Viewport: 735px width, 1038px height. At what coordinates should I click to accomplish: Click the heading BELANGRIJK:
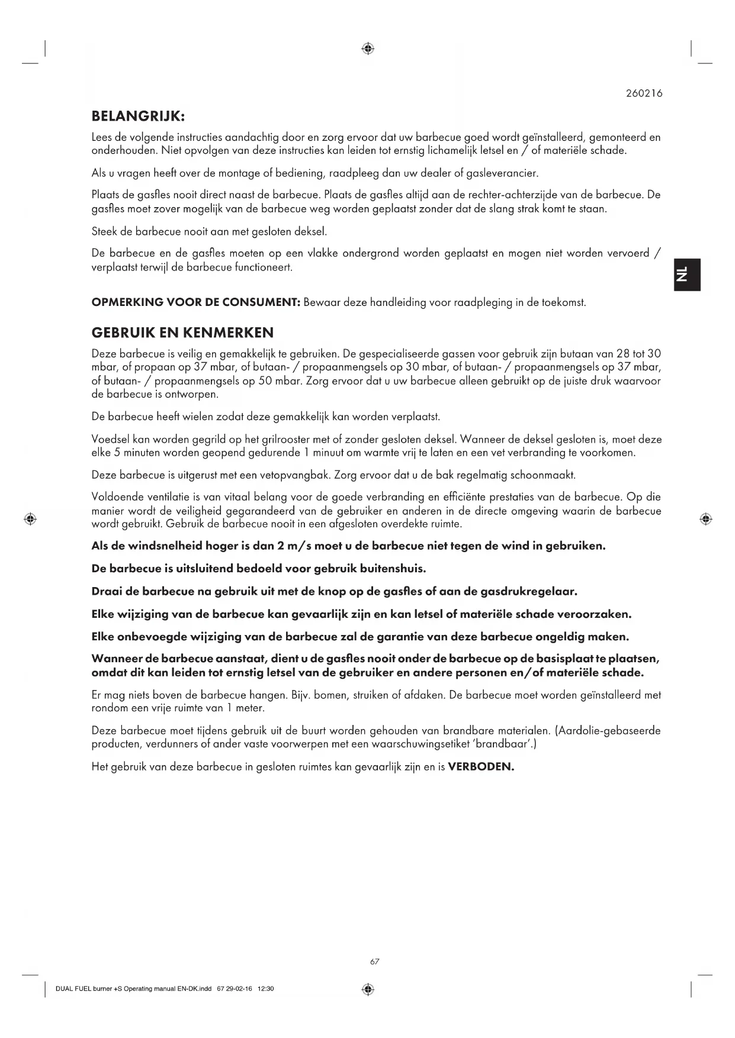pyautogui.click(x=139, y=115)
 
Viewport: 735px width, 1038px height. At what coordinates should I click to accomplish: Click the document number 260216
pyautogui.click(x=644, y=93)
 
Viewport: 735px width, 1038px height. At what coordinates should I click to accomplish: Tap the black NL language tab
pyautogui.click(x=686, y=275)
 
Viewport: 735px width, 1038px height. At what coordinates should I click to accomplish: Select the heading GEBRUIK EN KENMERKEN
pyautogui.click(x=182, y=332)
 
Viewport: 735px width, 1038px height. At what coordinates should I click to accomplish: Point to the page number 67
pyautogui.click(x=374, y=962)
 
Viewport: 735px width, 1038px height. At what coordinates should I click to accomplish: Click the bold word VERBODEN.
pyautogui.click(x=480, y=767)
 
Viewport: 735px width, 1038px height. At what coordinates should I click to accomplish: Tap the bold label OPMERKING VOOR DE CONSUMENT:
pyautogui.click(x=195, y=302)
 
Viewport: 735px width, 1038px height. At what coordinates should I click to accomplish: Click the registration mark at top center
pyautogui.click(x=367, y=49)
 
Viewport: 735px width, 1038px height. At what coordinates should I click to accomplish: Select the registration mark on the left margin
pyautogui.click(x=30, y=519)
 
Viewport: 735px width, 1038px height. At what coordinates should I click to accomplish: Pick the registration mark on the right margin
pyautogui.click(x=705, y=519)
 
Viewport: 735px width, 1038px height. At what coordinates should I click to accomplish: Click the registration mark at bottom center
pyautogui.click(x=367, y=989)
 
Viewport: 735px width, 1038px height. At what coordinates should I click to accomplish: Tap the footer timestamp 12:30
pyautogui.click(x=266, y=989)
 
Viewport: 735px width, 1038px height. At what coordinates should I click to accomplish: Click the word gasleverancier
pyautogui.click(x=503, y=173)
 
